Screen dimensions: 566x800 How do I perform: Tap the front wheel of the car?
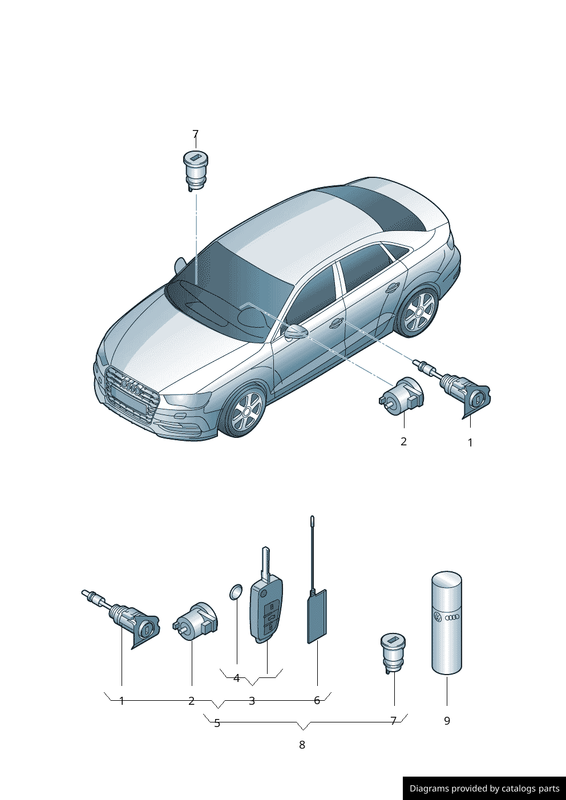point(246,411)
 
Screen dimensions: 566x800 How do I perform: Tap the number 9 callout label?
point(447,721)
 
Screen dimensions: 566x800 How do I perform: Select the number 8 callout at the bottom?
point(302,745)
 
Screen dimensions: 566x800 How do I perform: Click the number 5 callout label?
point(217,723)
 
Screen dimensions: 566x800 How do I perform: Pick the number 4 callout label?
point(237,678)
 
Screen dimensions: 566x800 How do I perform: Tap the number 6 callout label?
point(317,701)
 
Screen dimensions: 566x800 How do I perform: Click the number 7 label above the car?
point(196,135)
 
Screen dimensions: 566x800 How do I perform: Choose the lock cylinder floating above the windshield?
point(196,171)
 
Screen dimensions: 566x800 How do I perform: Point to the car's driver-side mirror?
point(296,331)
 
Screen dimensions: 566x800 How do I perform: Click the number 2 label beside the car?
point(404,442)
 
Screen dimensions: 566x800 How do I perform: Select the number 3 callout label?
point(252,701)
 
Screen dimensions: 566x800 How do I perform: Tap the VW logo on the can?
point(438,617)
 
